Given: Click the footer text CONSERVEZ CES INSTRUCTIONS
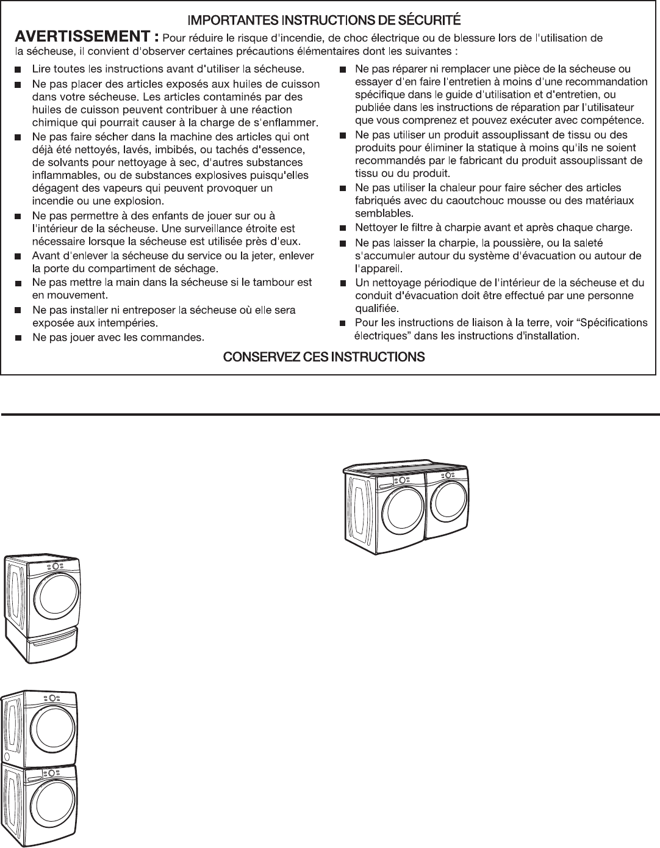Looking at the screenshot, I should [x=324, y=357].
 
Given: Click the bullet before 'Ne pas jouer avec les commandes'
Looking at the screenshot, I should [x=18, y=337].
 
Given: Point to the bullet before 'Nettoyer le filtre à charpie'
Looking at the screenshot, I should [x=342, y=228].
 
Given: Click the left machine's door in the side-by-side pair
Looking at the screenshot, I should [x=399, y=509].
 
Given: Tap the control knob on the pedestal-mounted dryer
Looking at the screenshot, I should [x=56, y=567].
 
